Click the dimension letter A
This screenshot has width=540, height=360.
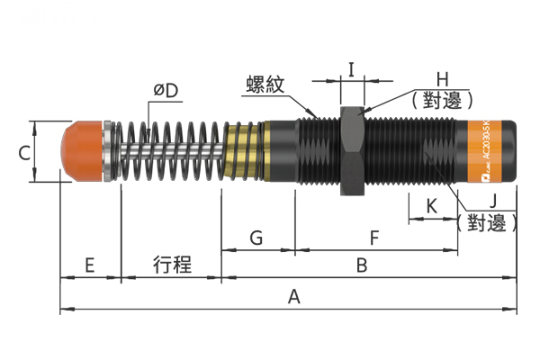click(293, 297)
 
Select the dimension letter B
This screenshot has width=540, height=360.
click(362, 265)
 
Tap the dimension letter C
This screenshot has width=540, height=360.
click(24, 153)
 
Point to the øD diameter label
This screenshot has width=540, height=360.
click(166, 91)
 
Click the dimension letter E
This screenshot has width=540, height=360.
click(89, 265)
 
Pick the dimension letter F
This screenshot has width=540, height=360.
click(374, 238)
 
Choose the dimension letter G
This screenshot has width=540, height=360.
click(256, 238)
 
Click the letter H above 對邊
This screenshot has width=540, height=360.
click(442, 79)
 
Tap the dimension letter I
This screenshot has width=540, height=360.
click(351, 69)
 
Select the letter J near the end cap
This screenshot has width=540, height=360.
click(493, 200)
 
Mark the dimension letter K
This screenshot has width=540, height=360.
click(431, 206)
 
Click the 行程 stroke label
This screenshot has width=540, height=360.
click(172, 265)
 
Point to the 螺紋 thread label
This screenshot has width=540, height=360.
click(265, 85)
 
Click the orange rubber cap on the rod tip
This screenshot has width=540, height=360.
click(82, 151)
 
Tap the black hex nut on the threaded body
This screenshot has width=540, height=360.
click(352, 151)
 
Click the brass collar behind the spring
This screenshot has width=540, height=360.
click(244, 151)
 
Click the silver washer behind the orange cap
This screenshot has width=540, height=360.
click(107, 151)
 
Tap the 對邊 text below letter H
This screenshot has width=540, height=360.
click(442, 101)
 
